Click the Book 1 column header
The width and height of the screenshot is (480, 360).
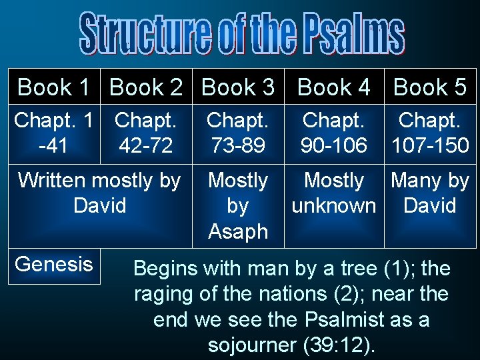coord(53,87)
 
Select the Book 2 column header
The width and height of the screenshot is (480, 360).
coord(145,87)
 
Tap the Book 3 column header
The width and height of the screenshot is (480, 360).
coord(238,87)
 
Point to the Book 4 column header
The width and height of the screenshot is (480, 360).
coord(333,87)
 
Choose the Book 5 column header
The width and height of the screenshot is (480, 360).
coord(430,87)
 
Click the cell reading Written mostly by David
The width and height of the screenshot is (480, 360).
coord(99,193)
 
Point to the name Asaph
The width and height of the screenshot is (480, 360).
coord(238,231)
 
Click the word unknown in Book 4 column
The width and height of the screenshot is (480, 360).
coord(333,205)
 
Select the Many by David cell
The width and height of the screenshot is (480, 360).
coord(430,193)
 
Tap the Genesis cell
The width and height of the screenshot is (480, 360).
coord(54,264)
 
